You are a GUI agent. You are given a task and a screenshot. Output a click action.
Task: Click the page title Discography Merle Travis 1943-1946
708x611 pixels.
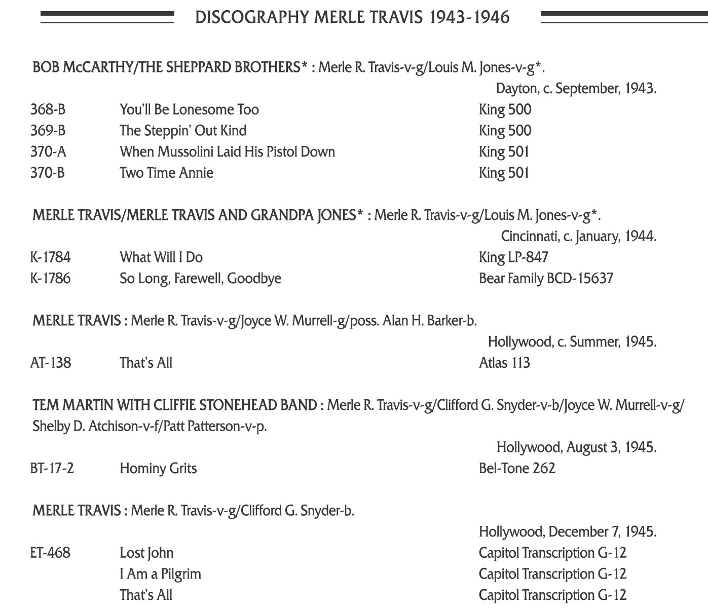tap(352, 17)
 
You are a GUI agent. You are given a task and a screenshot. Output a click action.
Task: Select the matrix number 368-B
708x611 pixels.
tap(48, 109)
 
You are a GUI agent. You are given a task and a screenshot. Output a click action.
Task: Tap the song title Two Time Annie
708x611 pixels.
tap(166, 173)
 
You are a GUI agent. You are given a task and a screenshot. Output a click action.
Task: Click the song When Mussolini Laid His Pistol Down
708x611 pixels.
tap(227, 151)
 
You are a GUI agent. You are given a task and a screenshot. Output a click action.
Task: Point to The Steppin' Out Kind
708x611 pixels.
tap(183, 131)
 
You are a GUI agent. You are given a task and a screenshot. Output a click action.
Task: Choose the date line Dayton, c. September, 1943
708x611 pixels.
tap(576, 89)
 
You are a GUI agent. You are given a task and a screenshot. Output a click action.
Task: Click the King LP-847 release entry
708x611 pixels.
tap(513, 257)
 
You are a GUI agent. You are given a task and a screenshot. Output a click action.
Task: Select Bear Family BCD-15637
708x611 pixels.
tap(546, 279)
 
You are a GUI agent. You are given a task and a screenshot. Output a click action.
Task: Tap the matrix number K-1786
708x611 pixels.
tap(50, 279)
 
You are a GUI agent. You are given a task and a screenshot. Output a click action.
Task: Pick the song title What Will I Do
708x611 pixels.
tap(161, 257)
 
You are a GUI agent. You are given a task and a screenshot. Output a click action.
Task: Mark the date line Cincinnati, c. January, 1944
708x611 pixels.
tap(578, 236)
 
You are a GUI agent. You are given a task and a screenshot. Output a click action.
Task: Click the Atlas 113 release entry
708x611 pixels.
tap(504, 363)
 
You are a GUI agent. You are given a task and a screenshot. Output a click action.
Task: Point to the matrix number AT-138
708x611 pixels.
tap(51, 363)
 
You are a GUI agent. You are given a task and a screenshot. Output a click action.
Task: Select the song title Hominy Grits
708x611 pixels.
tap(158, 468)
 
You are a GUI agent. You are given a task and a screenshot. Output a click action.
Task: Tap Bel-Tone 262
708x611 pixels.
tap(517, 468)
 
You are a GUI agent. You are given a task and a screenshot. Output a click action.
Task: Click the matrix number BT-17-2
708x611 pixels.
tap(52, 468)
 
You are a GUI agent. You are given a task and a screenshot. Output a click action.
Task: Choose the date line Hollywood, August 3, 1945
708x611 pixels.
tap(576, 447)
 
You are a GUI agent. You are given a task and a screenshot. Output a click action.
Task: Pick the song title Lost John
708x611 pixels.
tap(146, 553)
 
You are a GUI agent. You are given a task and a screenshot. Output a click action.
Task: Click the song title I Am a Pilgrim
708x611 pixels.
tap(160, 574)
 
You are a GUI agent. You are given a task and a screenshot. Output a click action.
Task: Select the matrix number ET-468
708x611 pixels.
tap(50, 553)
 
